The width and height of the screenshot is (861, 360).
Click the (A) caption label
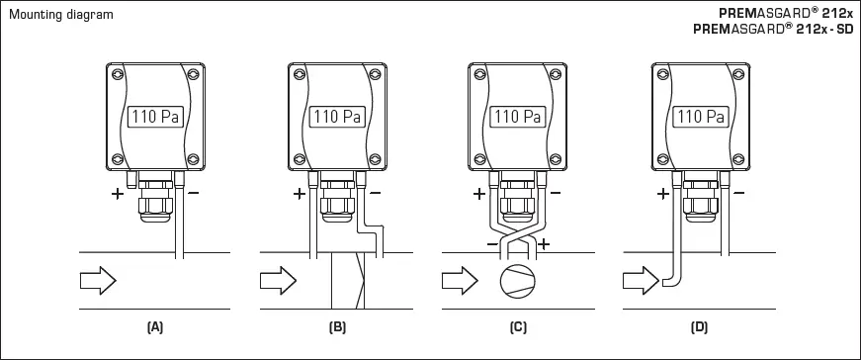(154, 325)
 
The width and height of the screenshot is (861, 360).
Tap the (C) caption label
(517, 325)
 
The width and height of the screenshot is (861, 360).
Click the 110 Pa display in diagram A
(154, 117)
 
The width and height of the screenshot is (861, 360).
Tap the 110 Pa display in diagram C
(517, 117)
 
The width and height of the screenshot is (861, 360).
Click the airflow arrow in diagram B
(277, 282)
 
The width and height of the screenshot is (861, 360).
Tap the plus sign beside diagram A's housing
(117, 194)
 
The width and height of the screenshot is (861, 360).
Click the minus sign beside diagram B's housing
(377, 194)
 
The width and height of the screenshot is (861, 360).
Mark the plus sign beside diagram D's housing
(662, 194)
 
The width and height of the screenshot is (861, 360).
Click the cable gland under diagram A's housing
(155, 198)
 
